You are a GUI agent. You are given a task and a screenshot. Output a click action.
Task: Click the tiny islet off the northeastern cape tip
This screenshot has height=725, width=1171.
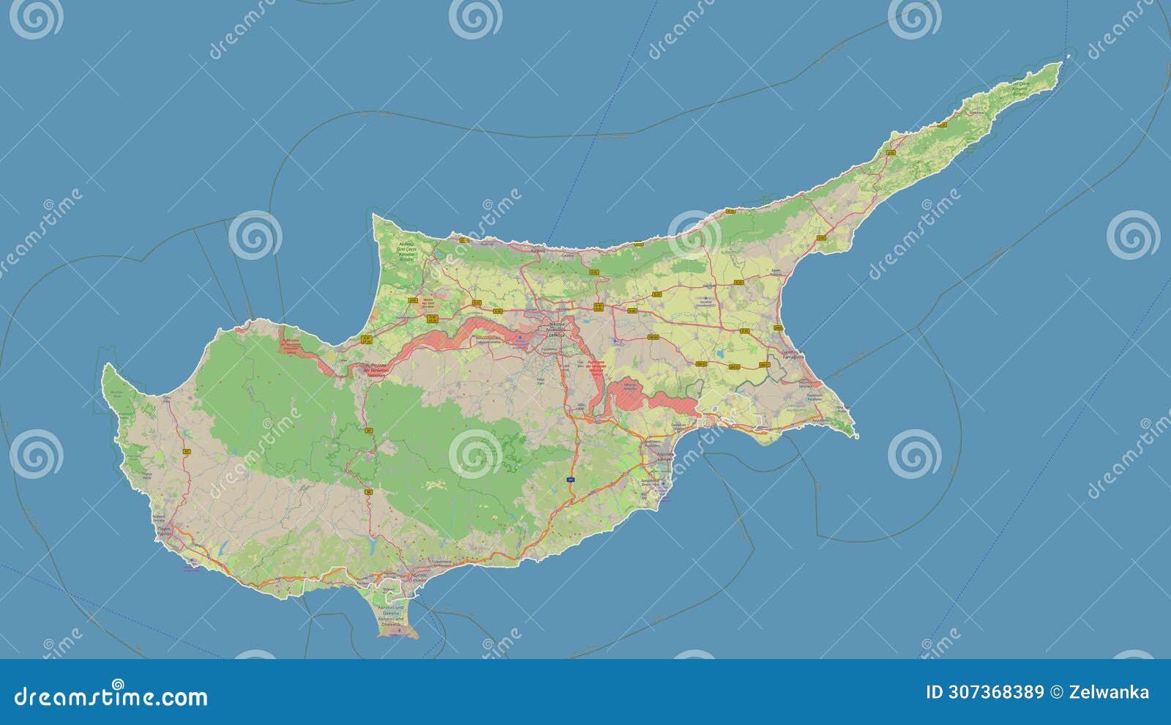(x=1069, y=55)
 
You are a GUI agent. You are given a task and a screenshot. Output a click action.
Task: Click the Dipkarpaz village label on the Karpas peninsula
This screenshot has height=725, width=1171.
(x=976, y=114)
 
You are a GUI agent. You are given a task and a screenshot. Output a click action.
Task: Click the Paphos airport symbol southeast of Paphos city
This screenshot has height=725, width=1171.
(x=192, y=564)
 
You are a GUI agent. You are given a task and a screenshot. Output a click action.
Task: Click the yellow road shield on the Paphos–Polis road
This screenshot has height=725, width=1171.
(x=187, y=451)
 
